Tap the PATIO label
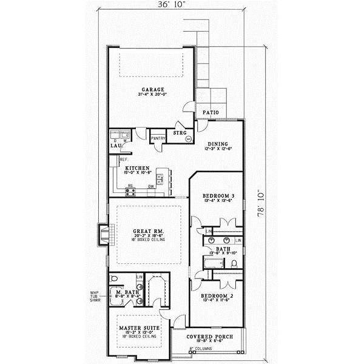211,112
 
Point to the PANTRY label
158,138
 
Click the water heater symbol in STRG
188,139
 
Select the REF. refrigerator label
115,160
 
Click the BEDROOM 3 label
217,196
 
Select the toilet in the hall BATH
234,263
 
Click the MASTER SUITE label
139,328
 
